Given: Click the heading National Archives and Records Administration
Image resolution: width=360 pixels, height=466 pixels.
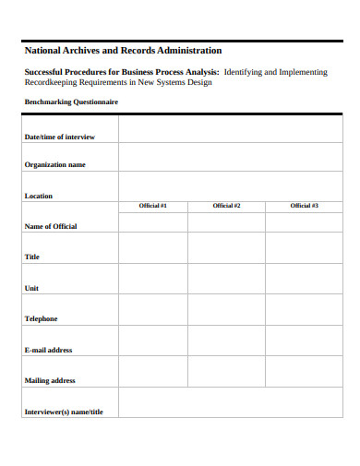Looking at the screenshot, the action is click(x=122, y=50).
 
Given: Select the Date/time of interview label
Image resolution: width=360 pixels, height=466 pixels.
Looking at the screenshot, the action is click(x=59, y=137).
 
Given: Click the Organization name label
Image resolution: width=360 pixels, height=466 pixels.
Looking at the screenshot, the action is click(x=54, y=164).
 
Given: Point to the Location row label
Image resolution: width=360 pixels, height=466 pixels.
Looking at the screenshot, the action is click(x=38, y=196).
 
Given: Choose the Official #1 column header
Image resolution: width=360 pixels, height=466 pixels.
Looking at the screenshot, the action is click(x=152, y=206).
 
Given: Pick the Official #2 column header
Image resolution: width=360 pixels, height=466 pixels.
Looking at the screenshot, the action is click(x=226, y=206).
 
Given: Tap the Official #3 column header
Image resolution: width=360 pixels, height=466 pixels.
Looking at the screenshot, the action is click(x=304, y=206).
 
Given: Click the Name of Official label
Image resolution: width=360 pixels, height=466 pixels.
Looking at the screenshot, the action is click(x=51, y=226).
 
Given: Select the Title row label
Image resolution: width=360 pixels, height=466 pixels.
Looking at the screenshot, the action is click(x=31, y=257).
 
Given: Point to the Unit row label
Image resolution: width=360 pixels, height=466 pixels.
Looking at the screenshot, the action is click(x=31, y=288).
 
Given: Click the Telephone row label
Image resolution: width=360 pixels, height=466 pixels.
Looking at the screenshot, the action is click(x=41, y=318).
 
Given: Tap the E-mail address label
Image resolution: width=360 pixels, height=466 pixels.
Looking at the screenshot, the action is click(x=48, y=350).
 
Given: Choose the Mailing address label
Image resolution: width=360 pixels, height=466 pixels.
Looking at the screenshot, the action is click(x=50, y=380).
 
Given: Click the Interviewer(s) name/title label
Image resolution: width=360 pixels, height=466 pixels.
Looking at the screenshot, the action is click(x=64, y=412).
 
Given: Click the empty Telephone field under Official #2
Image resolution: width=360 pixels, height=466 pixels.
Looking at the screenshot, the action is click(x=226, y=309).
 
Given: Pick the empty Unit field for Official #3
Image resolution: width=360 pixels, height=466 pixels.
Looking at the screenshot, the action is click(x=304, y=279).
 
